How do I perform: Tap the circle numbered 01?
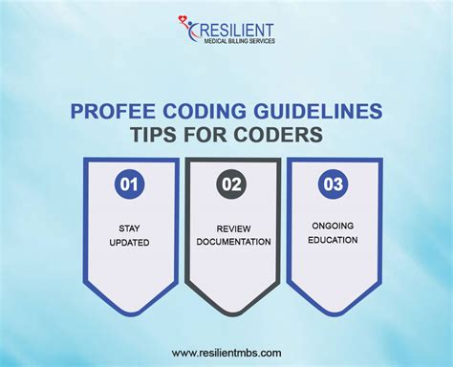click(x=129, y=183)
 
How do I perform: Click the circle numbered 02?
click(x=228, y=183)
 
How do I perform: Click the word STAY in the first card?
click(x=129, y=229)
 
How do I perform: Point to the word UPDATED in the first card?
click(x=129, y=243)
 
